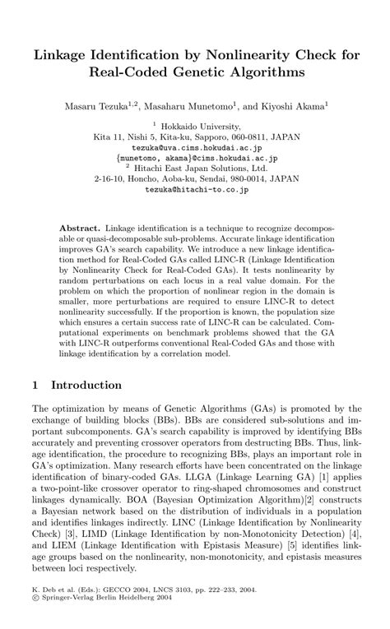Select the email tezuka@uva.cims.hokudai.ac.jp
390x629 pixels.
point(195,148)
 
